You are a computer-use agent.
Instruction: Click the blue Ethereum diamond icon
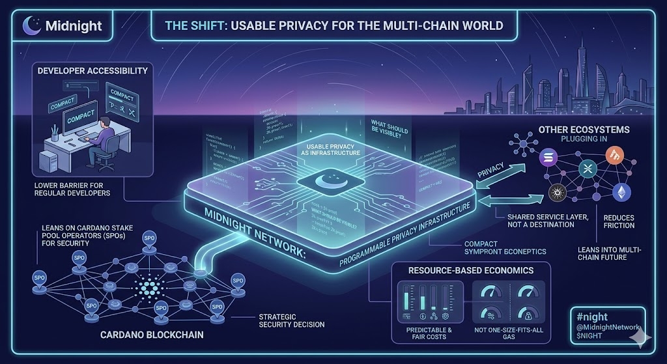[x=619, y=192]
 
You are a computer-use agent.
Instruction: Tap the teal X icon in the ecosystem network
[x=586, y=171]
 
